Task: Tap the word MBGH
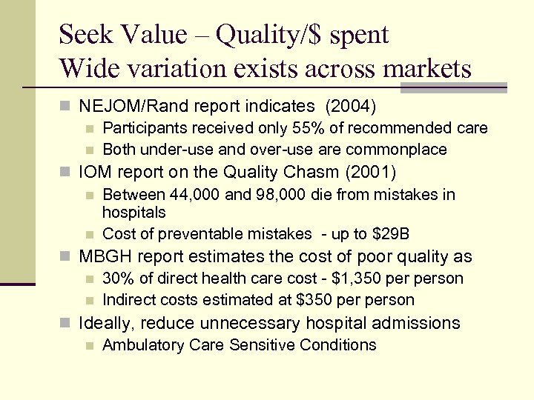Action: tap(105, 257)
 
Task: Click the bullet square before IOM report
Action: tap(68, 173)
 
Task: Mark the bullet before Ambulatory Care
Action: tap(90, 345)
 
